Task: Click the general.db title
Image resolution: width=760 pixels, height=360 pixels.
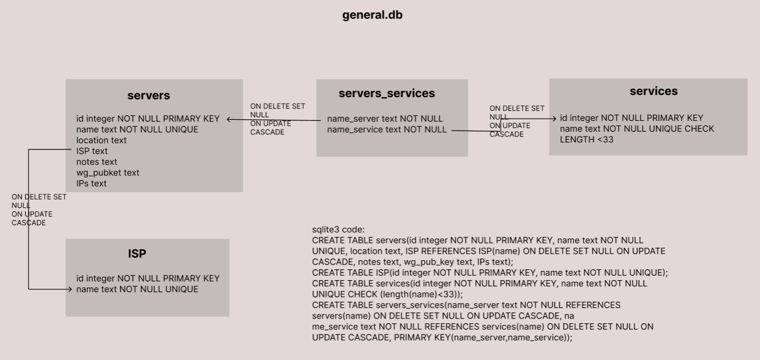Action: coord(372,15)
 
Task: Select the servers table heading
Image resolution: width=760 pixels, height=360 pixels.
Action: coord(149,96)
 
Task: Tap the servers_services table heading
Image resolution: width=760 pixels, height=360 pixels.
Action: coord(386,93)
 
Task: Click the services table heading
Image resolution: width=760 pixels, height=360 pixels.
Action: coord(653,91)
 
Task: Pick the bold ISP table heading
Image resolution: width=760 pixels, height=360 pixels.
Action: coord(137,254)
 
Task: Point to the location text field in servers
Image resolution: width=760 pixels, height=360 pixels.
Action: coord(101,140)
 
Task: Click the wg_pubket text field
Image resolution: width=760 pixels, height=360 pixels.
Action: coord(107,173)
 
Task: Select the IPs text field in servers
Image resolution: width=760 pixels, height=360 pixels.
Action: coord(91,184)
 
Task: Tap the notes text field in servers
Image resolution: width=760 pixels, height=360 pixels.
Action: coord(97,162)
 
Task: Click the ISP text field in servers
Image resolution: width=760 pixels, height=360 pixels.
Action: coord(92,151)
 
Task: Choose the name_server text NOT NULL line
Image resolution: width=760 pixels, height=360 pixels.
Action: coord(385,119)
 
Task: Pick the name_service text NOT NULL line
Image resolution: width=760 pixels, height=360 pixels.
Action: coord(387,130)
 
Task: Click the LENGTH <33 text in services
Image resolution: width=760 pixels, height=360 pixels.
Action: coord(586,140)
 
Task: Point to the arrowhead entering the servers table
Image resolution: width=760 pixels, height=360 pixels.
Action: coord(229,119)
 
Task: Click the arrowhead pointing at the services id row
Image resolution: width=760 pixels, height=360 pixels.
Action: coord(554,119)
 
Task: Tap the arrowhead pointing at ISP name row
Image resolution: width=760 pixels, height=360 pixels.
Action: coord(70,289)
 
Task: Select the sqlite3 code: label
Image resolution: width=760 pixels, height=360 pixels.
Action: coord(338,229)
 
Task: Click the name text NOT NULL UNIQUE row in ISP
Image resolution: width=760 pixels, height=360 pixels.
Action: coord(137,289)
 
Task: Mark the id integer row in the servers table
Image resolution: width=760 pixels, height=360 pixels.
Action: coord(148,119)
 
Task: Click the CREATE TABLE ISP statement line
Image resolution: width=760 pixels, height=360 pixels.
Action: coord(490,273)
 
